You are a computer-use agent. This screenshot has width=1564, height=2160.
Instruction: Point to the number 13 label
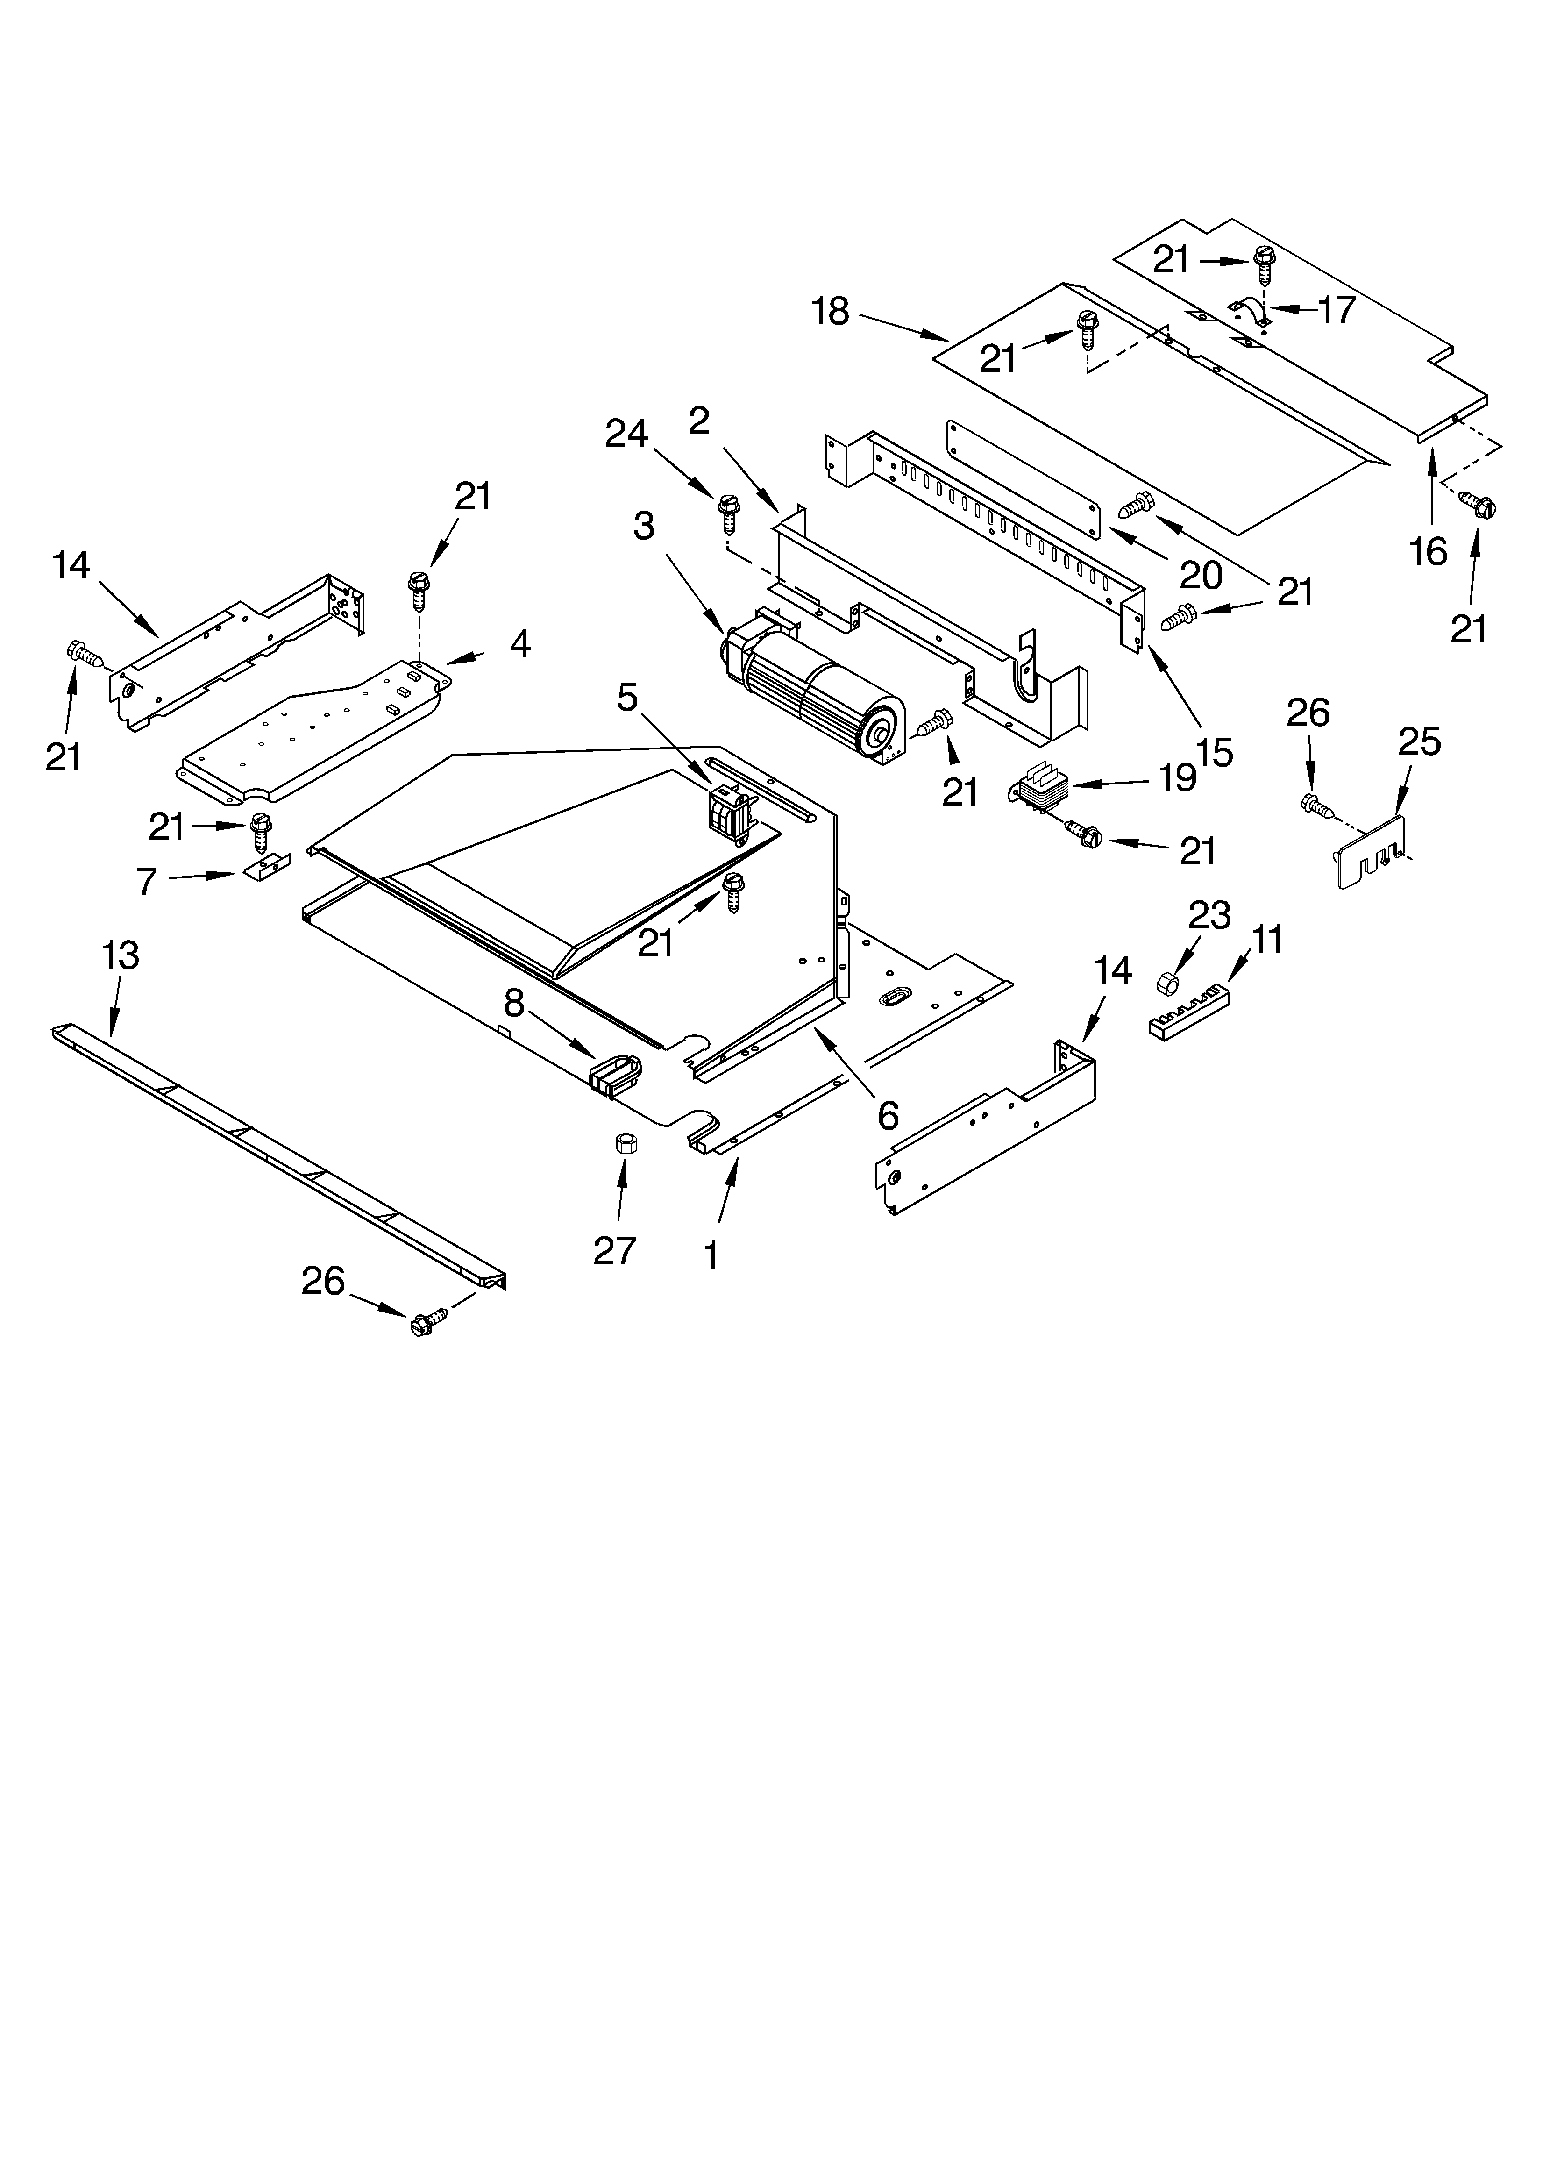[x=120, y=955]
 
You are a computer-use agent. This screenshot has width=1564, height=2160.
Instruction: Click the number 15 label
[x=1214, y=752]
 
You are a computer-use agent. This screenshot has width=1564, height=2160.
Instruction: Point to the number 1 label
[x=711, y=1257]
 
